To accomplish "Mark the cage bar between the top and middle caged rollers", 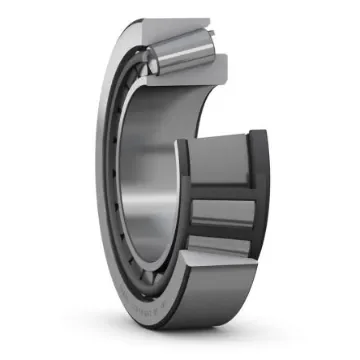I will pyautogui.click(x=227, y=191).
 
